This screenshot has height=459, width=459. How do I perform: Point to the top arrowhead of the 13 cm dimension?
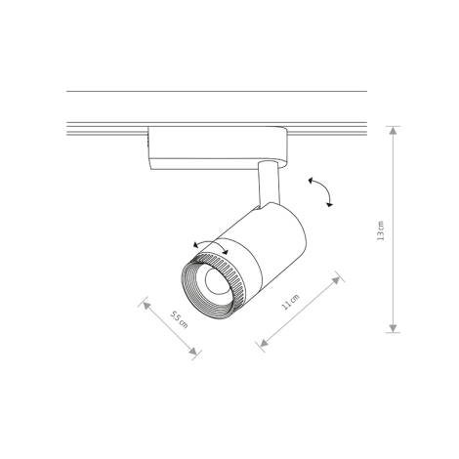click(x=392, y=130)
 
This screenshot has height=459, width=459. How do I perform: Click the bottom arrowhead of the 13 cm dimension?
click(x=392, y=329)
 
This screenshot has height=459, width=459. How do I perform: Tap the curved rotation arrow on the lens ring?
click(x=210, y=247)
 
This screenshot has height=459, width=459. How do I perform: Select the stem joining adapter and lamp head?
click(x=266, y=186)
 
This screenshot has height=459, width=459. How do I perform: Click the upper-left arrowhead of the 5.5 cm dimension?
click(x=146, y=304)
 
